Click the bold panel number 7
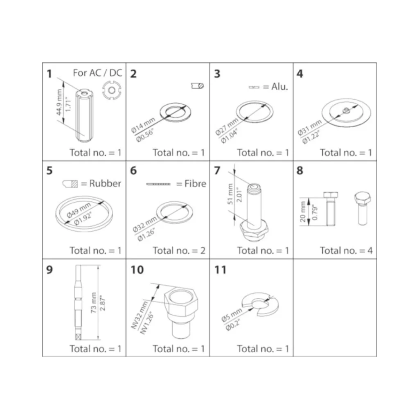217,171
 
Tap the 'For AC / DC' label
97,73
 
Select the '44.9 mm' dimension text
59,102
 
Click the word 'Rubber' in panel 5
105,184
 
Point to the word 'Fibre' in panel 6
195,184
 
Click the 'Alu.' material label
279,87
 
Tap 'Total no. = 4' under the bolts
346,251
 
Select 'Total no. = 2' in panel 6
179,251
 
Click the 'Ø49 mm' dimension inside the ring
79,210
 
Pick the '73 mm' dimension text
94,303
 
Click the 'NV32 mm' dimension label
140,315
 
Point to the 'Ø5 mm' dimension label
232,315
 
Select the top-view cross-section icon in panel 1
112,90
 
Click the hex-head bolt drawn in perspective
363,208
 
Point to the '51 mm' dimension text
230,194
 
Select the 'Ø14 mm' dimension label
143,125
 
